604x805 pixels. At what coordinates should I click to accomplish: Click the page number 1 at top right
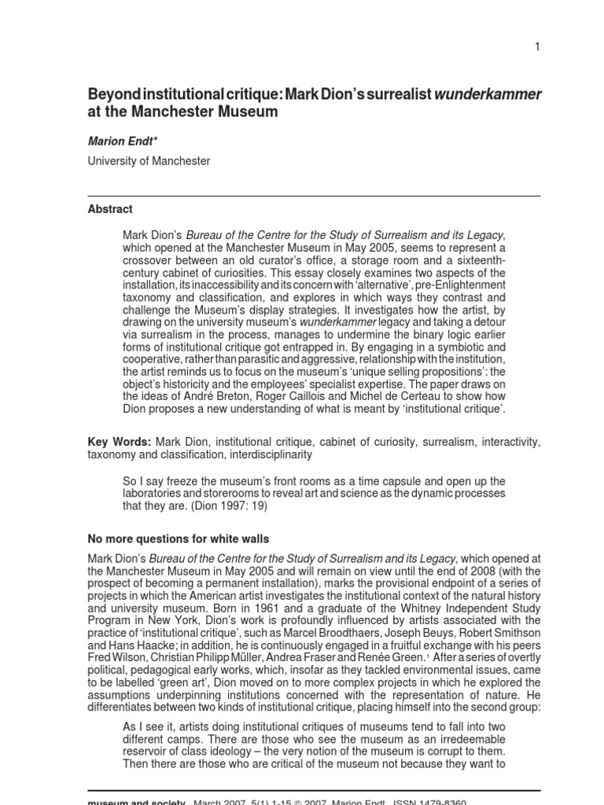[537, 47]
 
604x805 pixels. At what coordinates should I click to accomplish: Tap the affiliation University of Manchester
[149, 161]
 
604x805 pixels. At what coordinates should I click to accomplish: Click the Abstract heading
[110, 209]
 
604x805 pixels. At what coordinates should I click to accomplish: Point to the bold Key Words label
[119, 443]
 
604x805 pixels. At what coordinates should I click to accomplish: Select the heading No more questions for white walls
[178, 539]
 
